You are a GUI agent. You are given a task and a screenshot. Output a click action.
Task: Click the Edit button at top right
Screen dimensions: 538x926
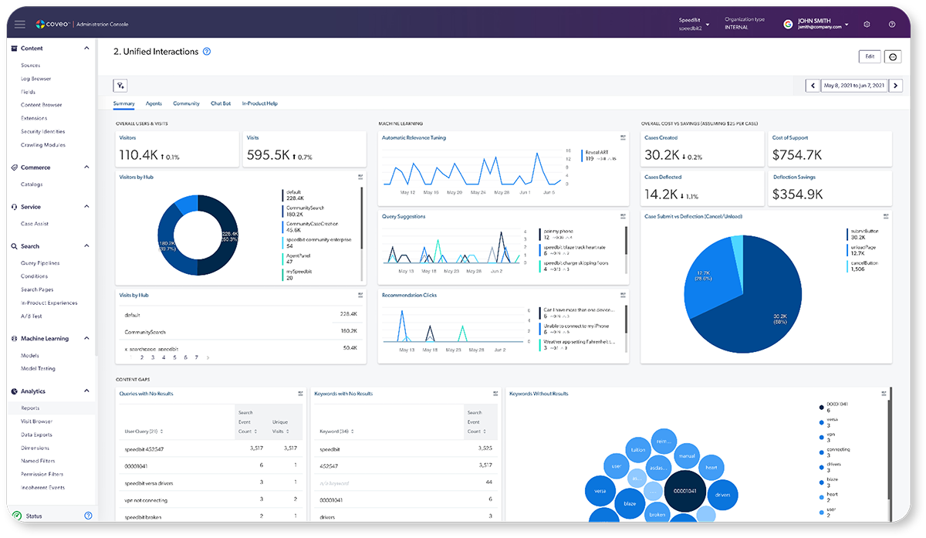869,56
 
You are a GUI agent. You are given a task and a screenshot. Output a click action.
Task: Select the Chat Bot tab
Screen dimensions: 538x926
221,103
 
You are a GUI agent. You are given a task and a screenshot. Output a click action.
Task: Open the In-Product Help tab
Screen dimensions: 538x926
259,103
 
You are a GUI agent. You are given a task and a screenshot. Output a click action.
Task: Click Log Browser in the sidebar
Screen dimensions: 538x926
36,79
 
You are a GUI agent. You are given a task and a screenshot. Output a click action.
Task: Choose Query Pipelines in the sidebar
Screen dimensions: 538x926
40,263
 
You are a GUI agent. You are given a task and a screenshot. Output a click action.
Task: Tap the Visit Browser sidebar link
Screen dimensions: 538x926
37,421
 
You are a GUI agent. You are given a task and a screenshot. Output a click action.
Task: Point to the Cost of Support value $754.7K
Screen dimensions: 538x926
797,155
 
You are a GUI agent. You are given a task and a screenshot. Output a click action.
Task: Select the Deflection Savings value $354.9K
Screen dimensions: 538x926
797,195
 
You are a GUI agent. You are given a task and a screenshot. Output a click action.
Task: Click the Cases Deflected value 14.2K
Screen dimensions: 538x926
662,195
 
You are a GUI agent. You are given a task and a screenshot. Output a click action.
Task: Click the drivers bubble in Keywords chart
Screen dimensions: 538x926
722,494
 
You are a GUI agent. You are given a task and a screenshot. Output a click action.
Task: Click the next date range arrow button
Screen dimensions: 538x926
895,86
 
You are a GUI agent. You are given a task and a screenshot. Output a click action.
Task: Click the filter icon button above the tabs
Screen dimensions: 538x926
120,86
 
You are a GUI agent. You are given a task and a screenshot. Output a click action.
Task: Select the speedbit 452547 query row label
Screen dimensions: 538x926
144,448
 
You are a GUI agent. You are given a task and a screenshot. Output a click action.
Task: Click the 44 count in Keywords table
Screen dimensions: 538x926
488,482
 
